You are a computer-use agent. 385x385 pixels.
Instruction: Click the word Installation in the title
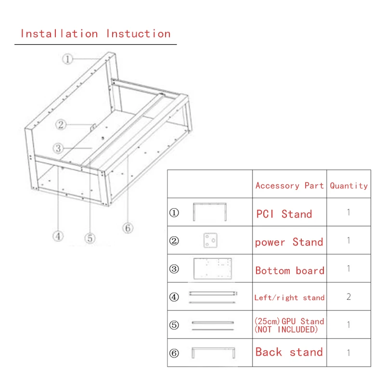(59, 34)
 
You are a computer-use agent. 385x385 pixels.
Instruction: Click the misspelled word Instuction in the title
(138, 34)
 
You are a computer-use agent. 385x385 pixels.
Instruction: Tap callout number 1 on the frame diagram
(67, 59)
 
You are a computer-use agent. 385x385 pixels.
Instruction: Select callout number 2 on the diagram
(61, 125)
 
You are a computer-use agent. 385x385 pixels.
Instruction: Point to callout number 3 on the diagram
(59, 148)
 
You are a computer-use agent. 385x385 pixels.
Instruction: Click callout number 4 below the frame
(58, 236)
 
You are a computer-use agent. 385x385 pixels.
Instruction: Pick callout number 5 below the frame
(90, 238)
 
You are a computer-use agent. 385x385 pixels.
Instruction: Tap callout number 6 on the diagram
(128, 228)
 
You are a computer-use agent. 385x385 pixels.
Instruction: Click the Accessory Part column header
(289, 186)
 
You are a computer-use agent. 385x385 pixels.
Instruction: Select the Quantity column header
(348, 186)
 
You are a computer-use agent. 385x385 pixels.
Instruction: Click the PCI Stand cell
(284, 214)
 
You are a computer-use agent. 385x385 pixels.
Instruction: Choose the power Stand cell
(289, 242)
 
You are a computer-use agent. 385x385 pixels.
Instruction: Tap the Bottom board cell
(290, 270)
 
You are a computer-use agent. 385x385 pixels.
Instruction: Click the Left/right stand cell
(289, 298)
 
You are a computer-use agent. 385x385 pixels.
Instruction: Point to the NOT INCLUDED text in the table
(286, 330)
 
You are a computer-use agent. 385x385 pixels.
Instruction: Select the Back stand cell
(289, 352)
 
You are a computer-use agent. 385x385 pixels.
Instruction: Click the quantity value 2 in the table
(348, 297)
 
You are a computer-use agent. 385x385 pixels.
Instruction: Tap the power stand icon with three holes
(209, 240)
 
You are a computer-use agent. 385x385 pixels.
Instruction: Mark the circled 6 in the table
(174, 353)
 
